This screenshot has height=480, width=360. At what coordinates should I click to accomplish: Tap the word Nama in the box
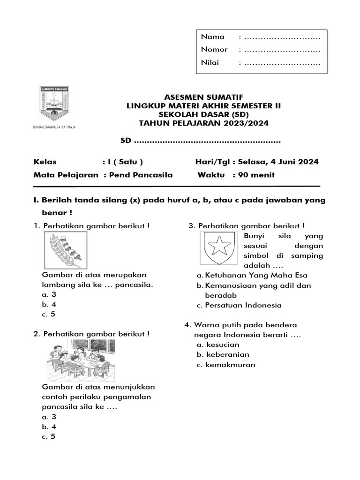click(212, 37)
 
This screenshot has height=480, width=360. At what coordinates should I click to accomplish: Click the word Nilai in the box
click(210, 62)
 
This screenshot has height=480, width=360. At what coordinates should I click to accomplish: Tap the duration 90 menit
click(257, 175)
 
